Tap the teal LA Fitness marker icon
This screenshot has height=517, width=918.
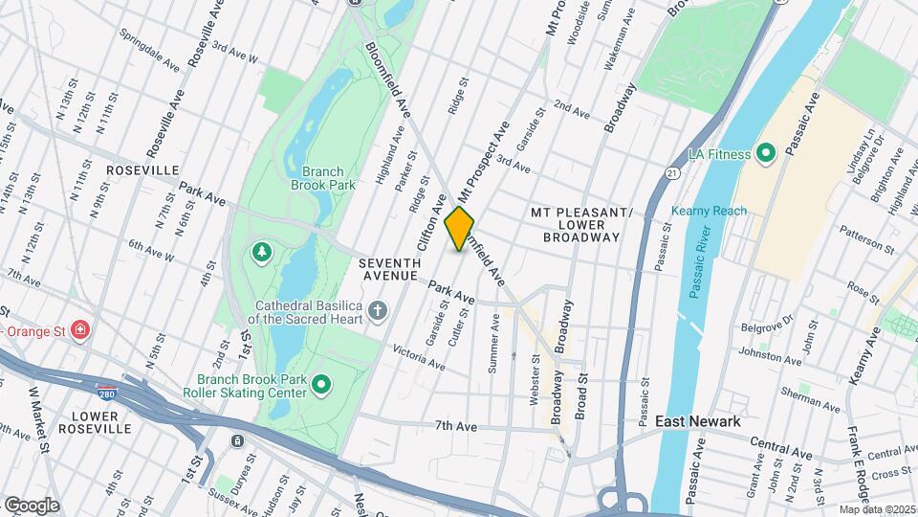click(x=765, y=153)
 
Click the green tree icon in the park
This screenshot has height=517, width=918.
click(x=260, y=252)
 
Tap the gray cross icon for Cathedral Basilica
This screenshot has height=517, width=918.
click(x=379, y=310)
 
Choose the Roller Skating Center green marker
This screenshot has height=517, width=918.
click(x=322, y=386)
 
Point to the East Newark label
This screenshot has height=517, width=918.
click(x=697, y=421)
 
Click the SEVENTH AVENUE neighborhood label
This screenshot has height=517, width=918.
click(x=389, y=269)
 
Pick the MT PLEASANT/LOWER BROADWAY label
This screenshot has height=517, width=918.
click(x=581, y=224)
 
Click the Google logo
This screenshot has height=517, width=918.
click(x=32, y=505)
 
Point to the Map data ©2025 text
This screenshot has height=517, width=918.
click(x=877, y=508)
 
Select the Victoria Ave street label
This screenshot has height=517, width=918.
click(x=420, y=358)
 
